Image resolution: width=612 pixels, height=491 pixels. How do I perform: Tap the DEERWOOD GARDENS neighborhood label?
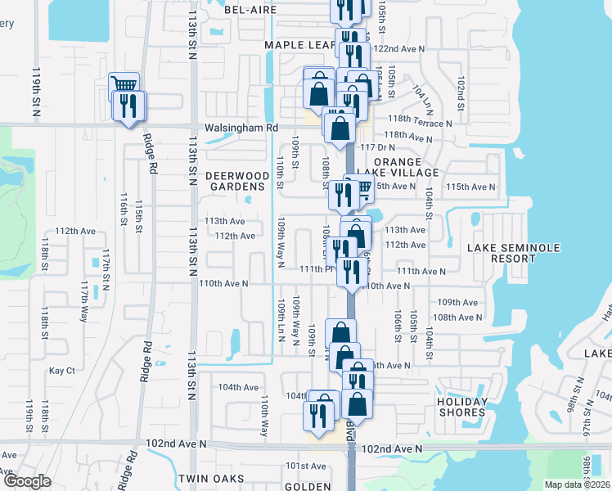[x=237, y=182]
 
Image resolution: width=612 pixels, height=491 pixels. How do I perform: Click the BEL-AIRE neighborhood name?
[x=252, y=10]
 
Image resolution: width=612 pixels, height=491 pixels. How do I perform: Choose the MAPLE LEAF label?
[x=298, y=45]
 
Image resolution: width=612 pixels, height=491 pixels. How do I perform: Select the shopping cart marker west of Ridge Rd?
[x=124, y=84]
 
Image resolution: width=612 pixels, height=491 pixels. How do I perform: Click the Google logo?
[x=26, y=481]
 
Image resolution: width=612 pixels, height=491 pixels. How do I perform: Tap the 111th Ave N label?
[x=421, y=271]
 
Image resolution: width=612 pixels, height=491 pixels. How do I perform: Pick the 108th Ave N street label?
[x=456, y=317]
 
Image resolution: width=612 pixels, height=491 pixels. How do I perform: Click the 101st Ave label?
[x=305, y=466]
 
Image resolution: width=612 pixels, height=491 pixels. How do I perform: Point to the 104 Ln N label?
[x=423, y=98]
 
